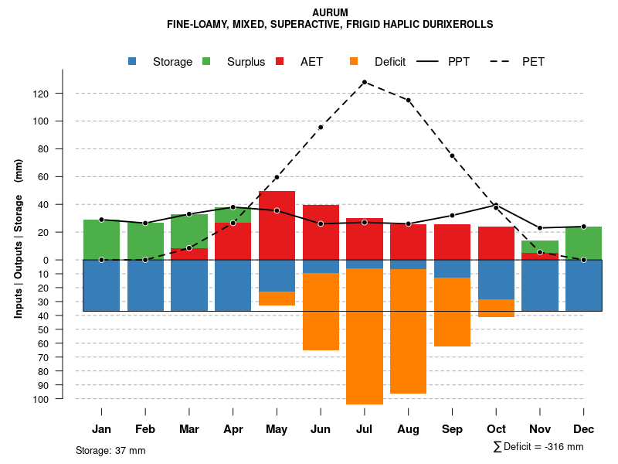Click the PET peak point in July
click(x=364, y=82)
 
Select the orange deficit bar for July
click(x=365, y=336)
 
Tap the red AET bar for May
click(x=277, y=225)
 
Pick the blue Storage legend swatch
click(x=133, y=62)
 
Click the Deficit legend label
click(x=389, y=62)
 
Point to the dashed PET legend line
click(x=504, y=62)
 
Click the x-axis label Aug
click(x=408, y=429)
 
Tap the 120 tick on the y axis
click(x=63, y=94)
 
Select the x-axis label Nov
click(x=540, y=429)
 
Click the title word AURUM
click(x=331, y=12)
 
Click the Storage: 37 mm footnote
click(x=110, y=450)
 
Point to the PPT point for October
click(x=496, y=205)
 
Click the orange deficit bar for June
click(x=321, y=312)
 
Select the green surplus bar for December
click(x=583, y=243)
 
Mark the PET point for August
click(x=408, y=100)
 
